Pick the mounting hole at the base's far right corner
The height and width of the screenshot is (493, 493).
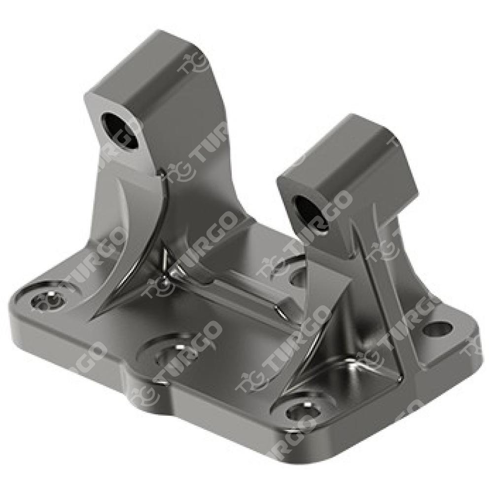click(437, 328)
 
